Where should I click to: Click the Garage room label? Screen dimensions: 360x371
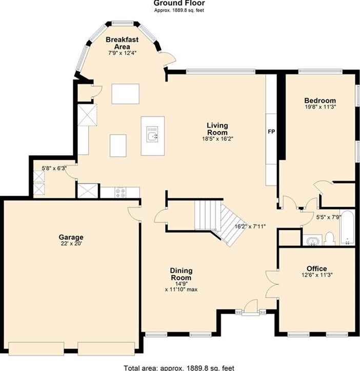[x=71, y=237]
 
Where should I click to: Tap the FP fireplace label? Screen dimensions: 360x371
[x=271, y=132]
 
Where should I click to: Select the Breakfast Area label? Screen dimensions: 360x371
[x=122, y=43]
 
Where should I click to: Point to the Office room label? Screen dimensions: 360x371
[x=316, y=269]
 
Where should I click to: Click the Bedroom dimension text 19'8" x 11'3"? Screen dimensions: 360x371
[x=320, y=107]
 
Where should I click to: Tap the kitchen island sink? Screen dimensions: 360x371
[x=152, y=134]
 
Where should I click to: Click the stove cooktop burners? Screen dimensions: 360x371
[x=121, y=192]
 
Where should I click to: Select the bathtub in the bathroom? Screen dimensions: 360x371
[x=347, y=228]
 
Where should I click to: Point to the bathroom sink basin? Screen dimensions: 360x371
[x=313, y=241]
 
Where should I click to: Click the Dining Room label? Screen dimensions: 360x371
[x=181, y=274]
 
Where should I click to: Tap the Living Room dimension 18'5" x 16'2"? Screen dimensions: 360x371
[x=217, y=139]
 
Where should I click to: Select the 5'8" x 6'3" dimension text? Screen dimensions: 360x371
[x=54, y=168]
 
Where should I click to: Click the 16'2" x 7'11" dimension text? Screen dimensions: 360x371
[x=250, y=226]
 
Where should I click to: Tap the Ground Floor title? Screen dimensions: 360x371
[x=179, y=3]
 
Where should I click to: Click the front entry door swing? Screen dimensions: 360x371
[x=251, y=307]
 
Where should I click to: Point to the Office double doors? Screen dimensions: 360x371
[x=271, y=284]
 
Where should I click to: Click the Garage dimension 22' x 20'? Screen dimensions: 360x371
[x=71, y=243]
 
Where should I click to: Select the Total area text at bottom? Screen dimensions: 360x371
[x=179, y=368]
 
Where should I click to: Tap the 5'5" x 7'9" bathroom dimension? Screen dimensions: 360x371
[x=329, y=217]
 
